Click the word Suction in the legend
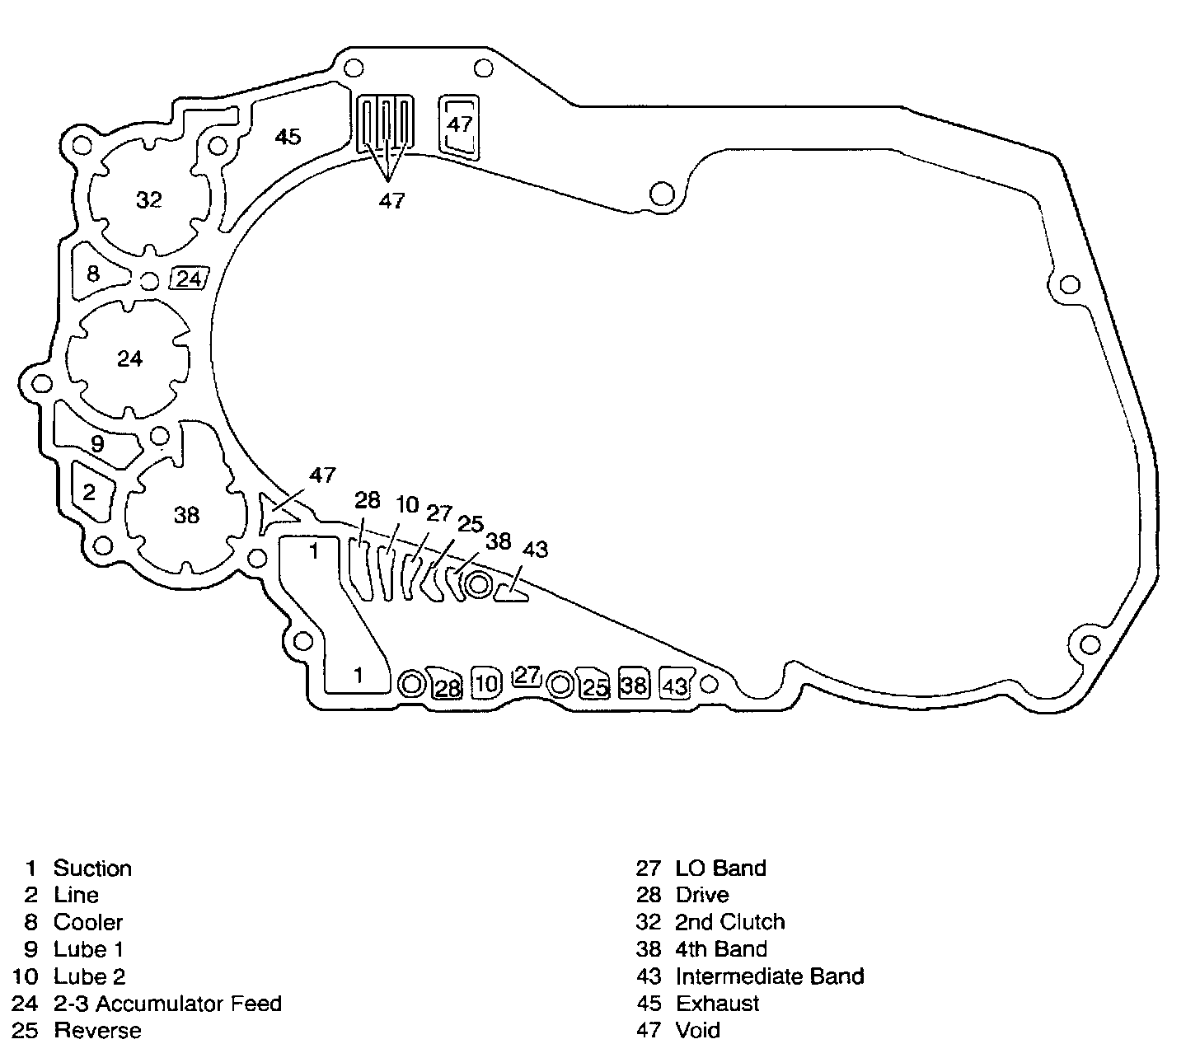tap(92, 868)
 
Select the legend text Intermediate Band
tap(769, 976)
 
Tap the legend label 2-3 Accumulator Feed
tap(167, 1004)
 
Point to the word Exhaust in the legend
tap(717, 1004)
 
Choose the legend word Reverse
tap(97, 1031)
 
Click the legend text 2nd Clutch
tap(729, 922)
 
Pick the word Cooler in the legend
tap(88, 923)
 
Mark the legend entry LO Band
tap(720, 868)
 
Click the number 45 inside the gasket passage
tap(288, 137)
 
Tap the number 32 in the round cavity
tap(149, 200)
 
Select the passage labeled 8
tap(93, 273)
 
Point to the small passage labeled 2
tap(89, 493)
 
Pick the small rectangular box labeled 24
tap(189, 279)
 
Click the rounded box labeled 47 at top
tap(459, 124)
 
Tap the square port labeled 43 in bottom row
tap(675, 686)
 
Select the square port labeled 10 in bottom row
tap(486, 683)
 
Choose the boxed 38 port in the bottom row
tap(633, 684)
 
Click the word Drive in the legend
tap(701, 896)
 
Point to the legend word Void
tap(697, 1031)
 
